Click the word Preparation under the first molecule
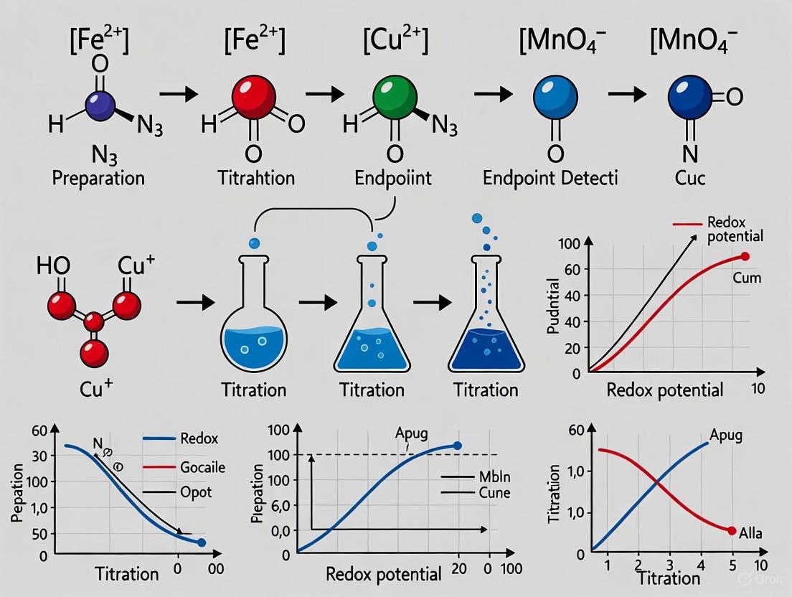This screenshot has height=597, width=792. (x=98, y=177)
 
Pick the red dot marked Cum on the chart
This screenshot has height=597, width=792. (x=745, y=256)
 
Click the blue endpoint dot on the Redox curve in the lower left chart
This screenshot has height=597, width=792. (x=202, y=543)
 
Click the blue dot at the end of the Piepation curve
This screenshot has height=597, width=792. (x=458, y=446)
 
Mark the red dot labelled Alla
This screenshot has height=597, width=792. (x=732, y=531)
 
